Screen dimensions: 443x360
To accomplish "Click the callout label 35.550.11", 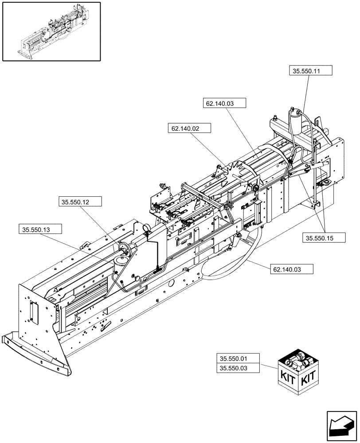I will (x=310, y=71).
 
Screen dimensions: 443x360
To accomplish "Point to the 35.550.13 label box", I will (x=40, y=229).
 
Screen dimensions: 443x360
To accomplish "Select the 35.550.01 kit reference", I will (x=238, y=359).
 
